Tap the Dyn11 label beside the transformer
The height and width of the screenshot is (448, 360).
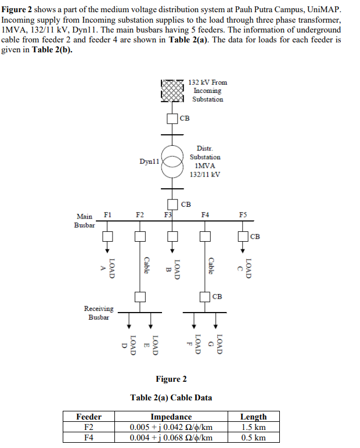149,161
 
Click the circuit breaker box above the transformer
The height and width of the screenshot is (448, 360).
172,119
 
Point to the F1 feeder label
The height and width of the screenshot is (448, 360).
107,216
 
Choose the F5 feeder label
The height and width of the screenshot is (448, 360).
243,216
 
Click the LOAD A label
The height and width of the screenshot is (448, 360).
109,268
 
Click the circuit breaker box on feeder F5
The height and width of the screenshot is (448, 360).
243,236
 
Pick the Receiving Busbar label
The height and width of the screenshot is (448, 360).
99,313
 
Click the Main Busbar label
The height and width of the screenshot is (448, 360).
85,220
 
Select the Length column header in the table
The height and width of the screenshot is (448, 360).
253,417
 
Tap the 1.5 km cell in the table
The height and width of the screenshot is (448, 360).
253,427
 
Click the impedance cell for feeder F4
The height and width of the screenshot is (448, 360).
171,438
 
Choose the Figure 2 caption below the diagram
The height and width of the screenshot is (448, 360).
171,379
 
